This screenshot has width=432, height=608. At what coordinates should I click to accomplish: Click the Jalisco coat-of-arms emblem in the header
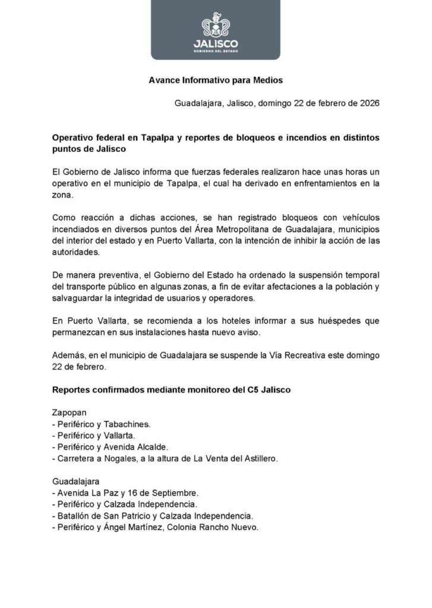216,25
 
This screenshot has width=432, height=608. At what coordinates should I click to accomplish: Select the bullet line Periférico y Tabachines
102,424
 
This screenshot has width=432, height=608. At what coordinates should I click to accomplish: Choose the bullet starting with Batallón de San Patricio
153,515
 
